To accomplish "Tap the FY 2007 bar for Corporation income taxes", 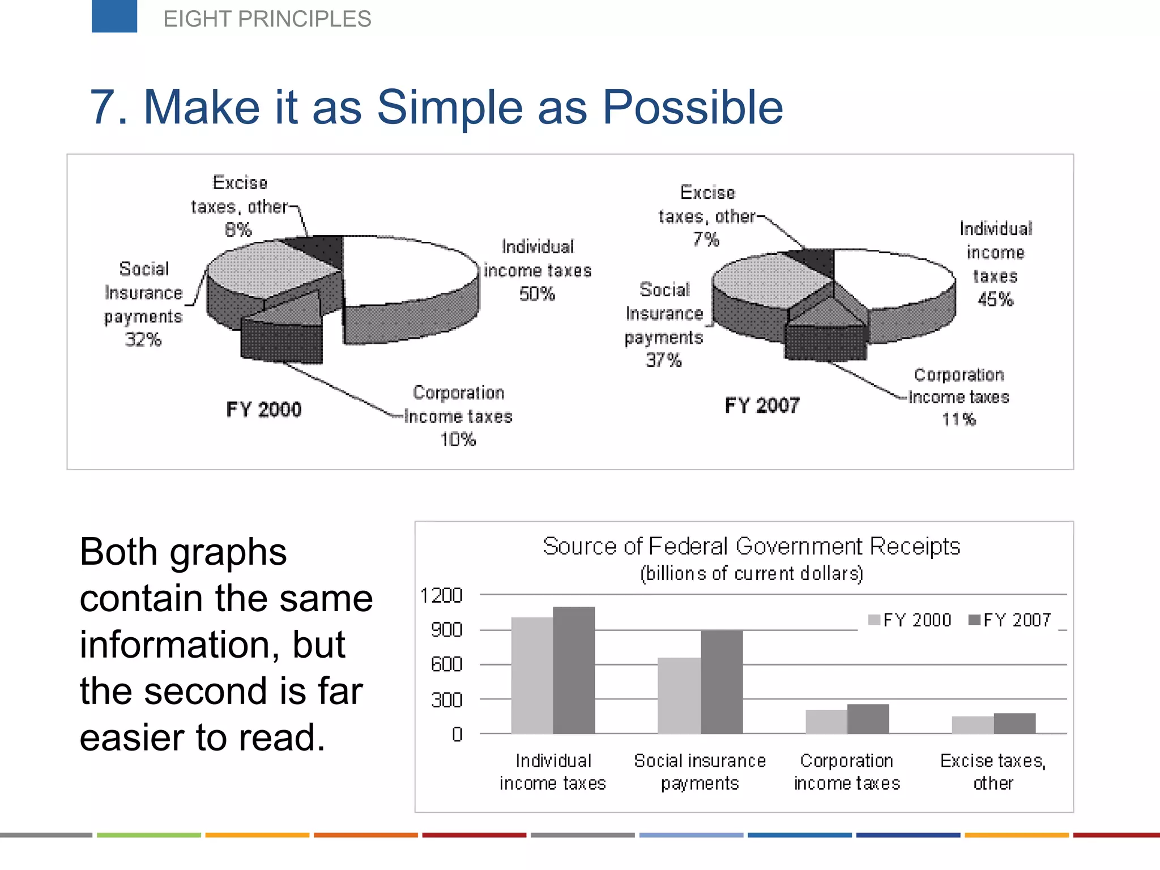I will coord(868,719).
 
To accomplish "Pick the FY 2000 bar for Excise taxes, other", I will coord(973,725).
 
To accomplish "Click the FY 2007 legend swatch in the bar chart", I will coord(974,620).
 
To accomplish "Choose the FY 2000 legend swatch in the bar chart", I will coord(874,620).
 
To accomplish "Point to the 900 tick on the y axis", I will coord(447,630).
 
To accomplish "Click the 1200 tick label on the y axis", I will coord(441,595).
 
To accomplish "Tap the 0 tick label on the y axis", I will coord(457,735).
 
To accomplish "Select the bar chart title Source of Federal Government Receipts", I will coord(751,547).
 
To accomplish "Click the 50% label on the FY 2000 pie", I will coord(537,294).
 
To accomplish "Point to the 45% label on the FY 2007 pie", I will coord(995,299).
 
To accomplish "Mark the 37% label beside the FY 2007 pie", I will coord(664,360).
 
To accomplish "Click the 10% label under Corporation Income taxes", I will coord(458,439).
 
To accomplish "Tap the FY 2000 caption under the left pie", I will coord(264,409).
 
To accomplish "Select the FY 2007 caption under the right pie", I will coord(762,405).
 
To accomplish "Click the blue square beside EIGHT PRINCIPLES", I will coord(114,16).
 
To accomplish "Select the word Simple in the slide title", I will coord(450,107).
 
